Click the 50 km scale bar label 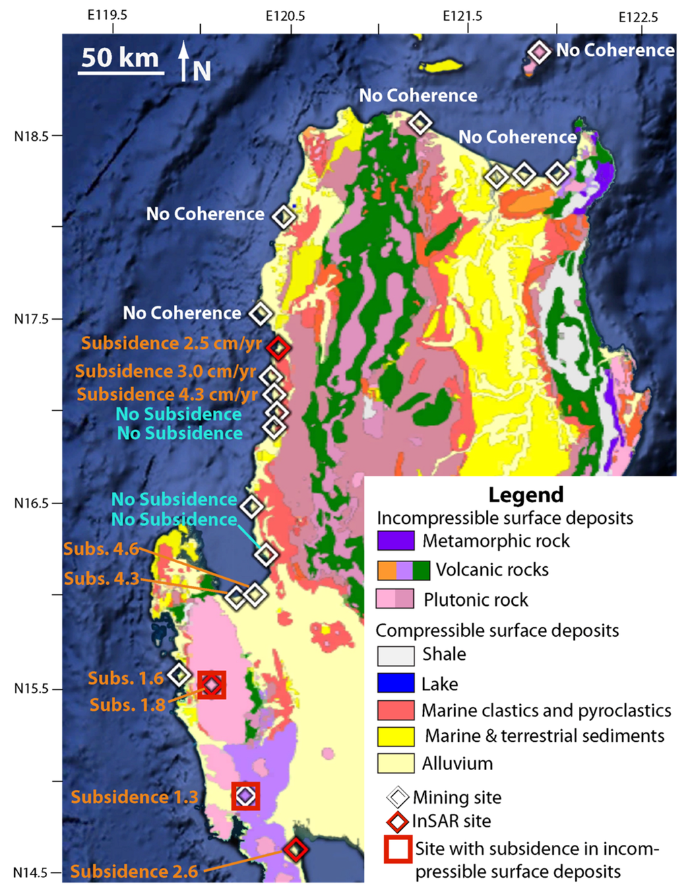click(120, 58)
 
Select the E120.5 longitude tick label click(285, 16)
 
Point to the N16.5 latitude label click(32, 504)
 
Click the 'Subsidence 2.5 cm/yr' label click(172, 343)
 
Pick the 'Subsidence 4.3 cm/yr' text click(167, 394)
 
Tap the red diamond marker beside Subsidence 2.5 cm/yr click(278, 347)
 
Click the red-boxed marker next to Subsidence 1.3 click(246, 796)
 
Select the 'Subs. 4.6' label click(101, 549)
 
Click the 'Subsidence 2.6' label click(134, 872)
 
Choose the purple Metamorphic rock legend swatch click(396, 541)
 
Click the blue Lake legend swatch click(396, 683)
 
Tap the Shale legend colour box click(396, 655)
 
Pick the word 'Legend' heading click(526, 495)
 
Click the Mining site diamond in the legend click(398, 797)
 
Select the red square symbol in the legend click(398, 849)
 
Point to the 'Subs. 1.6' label click(125, 679)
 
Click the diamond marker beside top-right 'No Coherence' click(539, 52)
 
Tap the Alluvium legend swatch click(396, 763)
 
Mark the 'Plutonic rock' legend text click(476, 600)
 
